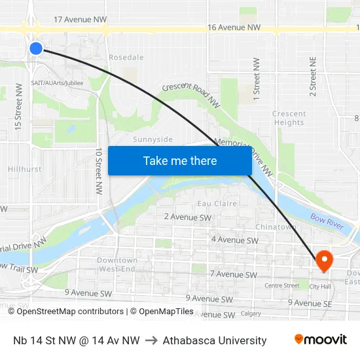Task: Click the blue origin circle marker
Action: point(36,48)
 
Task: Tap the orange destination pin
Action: point(324,261)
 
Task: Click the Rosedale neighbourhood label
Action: point(126,58)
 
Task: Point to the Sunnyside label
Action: point(153,139)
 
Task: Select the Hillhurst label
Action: point(24,169)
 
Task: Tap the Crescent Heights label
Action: point(289,118)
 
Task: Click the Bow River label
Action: point(327,221)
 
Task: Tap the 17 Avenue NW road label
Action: point(80,20)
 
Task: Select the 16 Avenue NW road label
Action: point(234,27)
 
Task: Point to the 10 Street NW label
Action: point(99,171)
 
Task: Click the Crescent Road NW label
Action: point(190,94)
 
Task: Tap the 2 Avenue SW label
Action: point(188,217)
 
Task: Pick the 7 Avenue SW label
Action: point(233,274)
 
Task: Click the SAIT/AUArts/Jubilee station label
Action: point(57,83)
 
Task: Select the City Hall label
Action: point(319,286)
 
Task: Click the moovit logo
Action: point(320,340)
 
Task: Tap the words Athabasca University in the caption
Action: point(215,340)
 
